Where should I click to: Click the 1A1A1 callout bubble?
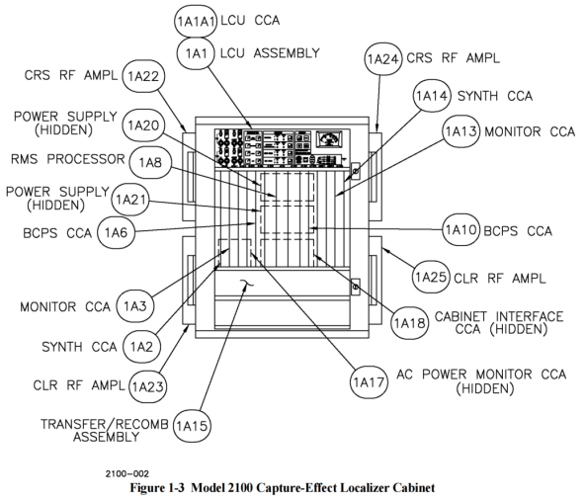pos(196,22)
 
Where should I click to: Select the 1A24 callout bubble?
pos(383,59)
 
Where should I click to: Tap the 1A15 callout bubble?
pos(192,426)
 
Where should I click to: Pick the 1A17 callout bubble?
pos(369,382)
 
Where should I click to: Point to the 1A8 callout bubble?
pos(150,162)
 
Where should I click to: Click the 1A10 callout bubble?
pos(461,229)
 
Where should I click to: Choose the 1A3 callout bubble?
pos(135,306)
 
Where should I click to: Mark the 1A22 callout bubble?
pos(143,76)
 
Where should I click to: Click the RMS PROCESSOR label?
pos(68,159)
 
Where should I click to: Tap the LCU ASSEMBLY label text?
pos(270,53)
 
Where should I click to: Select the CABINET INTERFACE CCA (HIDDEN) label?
pos(499,323)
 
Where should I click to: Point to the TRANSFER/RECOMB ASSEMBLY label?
pos(105,430)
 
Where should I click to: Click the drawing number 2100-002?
pos(127,474)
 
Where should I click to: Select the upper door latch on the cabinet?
pos(355,171)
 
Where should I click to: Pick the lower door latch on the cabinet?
pos(355,287)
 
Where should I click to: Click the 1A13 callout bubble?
pos(461,131)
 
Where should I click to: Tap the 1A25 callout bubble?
pos(431,277)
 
